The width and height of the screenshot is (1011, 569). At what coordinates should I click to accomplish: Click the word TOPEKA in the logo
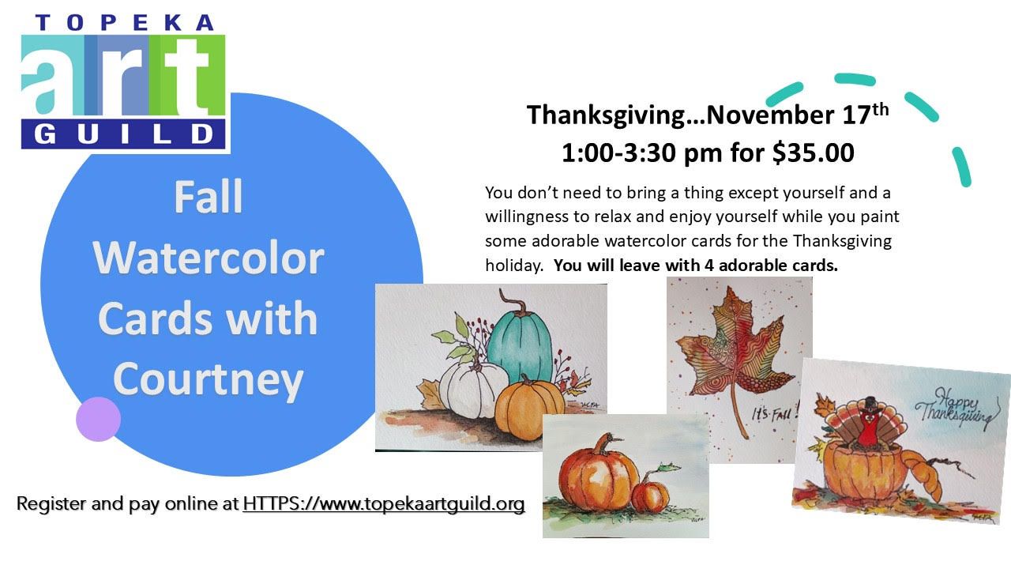[x=124, y=23]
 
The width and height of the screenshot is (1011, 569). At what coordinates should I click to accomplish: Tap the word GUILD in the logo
[x=124, y=134]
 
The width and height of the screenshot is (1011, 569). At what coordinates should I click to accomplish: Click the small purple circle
[x=99, y=419]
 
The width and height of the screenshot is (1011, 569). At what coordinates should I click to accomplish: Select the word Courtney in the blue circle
[x=208, y=379]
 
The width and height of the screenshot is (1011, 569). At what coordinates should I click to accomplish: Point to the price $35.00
[x=814, y=153]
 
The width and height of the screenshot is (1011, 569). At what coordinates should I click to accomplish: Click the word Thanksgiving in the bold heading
[x=606, y=115]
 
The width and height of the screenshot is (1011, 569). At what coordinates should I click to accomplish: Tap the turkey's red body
[x=869, y=430]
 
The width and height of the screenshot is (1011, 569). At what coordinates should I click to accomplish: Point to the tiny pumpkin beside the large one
[x=650, y=496]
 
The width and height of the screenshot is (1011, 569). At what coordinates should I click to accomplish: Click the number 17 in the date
[x=856, y=115]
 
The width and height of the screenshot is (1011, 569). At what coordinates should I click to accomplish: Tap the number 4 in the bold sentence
[x=709, y=265]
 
